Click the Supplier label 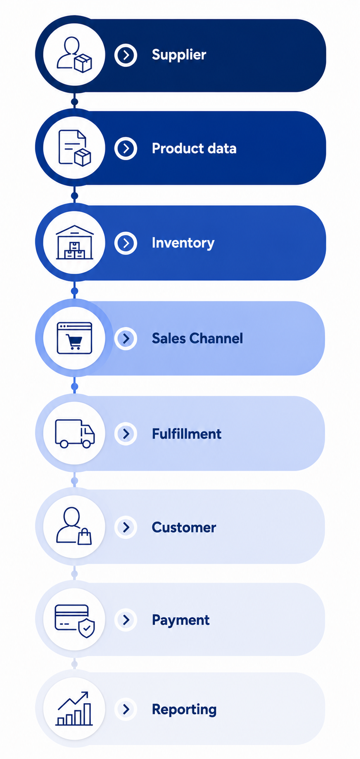coord(179,55)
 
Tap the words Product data coord(194,148)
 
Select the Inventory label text coord(183,243)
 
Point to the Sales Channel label coord(197,338)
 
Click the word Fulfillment coord(187,434)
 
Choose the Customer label coord(184,527)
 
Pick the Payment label coord(180,620)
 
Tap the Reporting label coord(184,709)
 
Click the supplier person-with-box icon coord(74,55)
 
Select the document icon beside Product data coord(75,148)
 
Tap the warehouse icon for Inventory coord(75,243)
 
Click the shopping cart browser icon coord(75,338)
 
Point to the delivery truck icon coord(75,433)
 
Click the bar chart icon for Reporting coord(74,709)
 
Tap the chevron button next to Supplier coord(126,55)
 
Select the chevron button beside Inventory coord(126,243)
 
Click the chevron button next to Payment coord(126,620)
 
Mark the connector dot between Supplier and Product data coord(75,102)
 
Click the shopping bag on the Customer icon coord(85,536)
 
